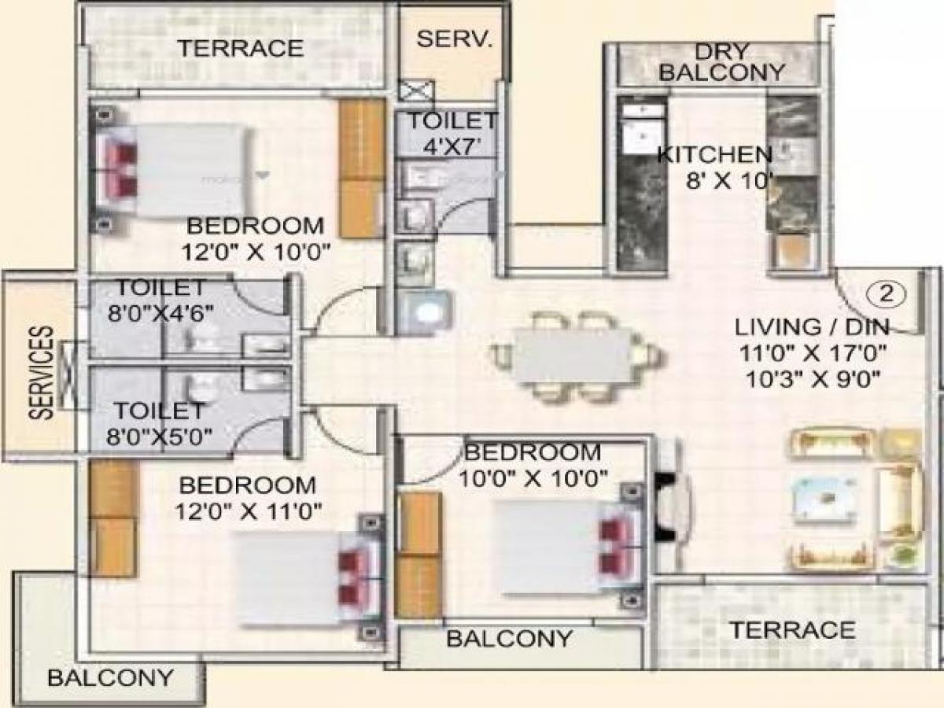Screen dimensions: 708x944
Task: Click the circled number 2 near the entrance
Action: coord(887,294)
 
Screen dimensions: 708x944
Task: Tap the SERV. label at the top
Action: coord(454,39)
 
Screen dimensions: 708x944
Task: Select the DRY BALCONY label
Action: coord(721,62)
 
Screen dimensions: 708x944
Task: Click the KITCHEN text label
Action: coord(714,154)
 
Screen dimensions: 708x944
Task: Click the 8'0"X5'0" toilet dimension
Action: coord(161,434)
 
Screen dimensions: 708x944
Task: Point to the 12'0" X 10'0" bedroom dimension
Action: coord(256,252)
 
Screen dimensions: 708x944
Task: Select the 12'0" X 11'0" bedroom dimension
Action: coord(249,511)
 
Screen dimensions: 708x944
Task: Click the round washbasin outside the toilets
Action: coord(427,313)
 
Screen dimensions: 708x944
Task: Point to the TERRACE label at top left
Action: coord(239,48)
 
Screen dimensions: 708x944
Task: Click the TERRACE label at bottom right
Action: coord(791,630)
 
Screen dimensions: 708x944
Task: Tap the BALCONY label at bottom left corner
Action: coord(110,677)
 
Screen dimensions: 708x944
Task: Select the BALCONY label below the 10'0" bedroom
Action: coord(509,638)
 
